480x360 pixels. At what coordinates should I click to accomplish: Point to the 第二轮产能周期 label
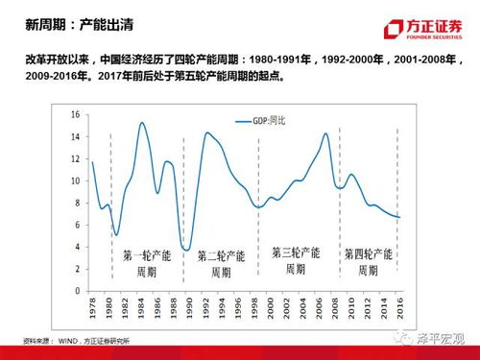coord(220,264)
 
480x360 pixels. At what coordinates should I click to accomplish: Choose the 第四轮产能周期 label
coord(368,262)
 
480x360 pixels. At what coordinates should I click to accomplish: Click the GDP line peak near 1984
coord(142,123)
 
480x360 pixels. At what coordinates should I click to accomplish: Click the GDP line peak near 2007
coord(326,133)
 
